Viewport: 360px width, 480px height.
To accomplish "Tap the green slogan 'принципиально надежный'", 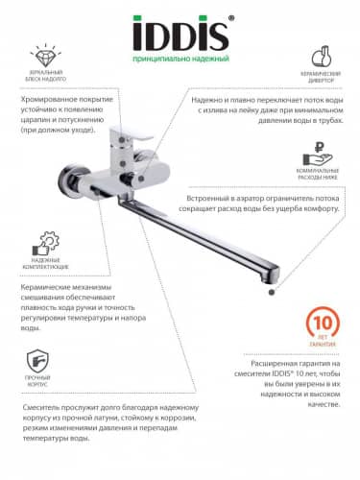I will pyautogui.click(x=180, y=60).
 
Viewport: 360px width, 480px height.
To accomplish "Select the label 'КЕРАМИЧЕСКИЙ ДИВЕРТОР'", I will pyautogui.click(x=322, y=78).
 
